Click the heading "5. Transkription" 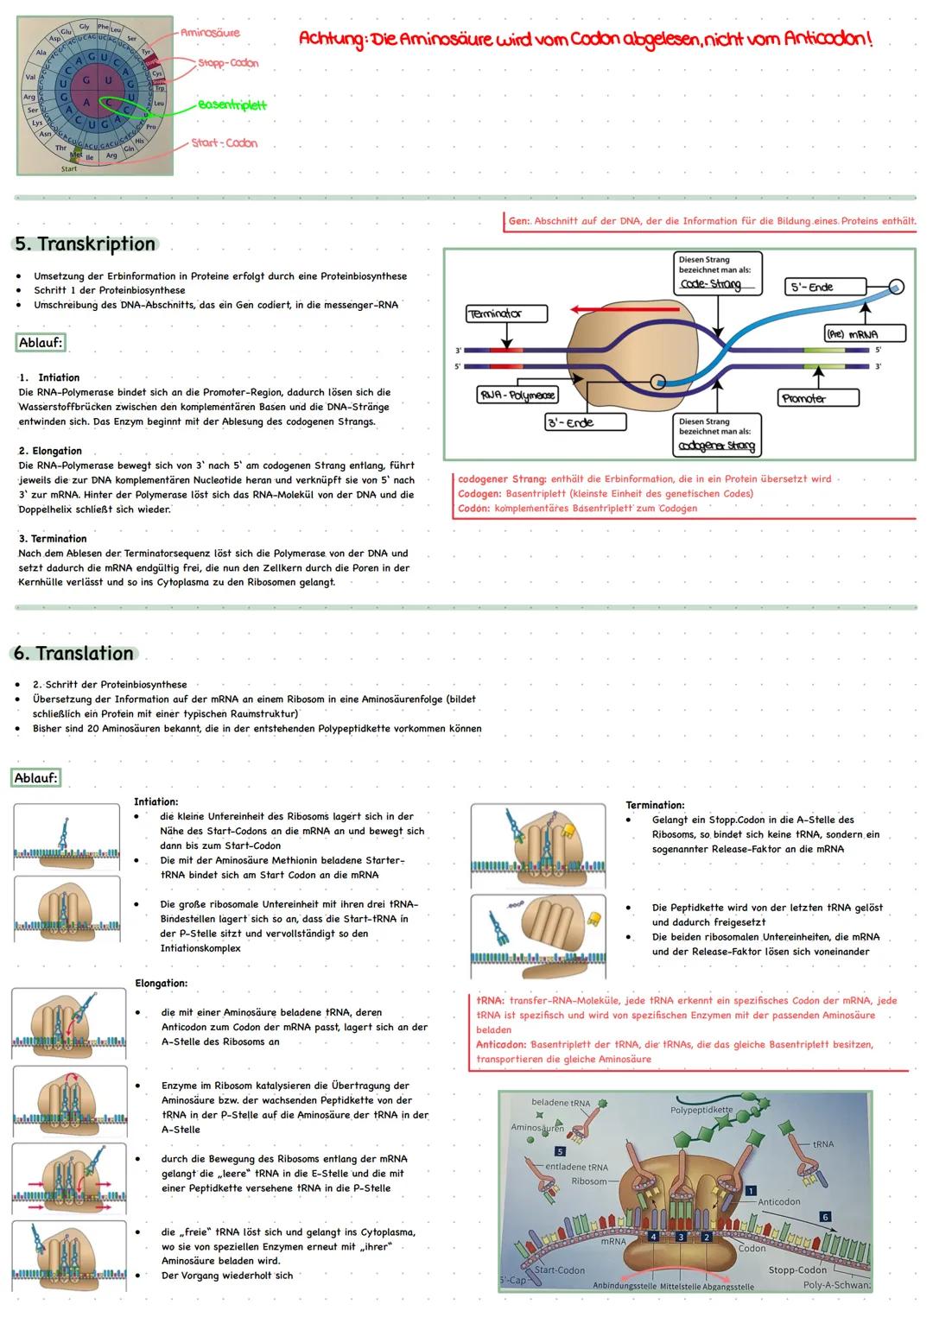(x=85, y=244)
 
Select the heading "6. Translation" (x=74, y=653)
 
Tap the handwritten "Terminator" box (x=506, y=313)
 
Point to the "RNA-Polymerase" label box (x=517, y=395)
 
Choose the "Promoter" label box (x=818, y=398)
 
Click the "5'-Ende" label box (x=825, y=287)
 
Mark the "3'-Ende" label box (x=585, y=422)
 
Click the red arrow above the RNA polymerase (x=605, y=308)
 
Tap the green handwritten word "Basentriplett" (x=232, y=105)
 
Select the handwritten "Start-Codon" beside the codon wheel (x=225, y=142)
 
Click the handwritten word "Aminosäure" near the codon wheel (x=210, y=33)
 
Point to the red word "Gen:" (x=518, y=221)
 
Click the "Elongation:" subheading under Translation (x=162, y=983)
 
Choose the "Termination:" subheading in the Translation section (x=655, y=805)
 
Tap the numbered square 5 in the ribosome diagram (x=560, y=1151)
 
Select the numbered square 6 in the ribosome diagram (x=825, y=1217)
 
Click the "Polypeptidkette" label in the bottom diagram (x=701, y=1110)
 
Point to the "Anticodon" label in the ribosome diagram (x=779, y=1201)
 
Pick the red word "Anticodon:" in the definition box (x=501, y=1044)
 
